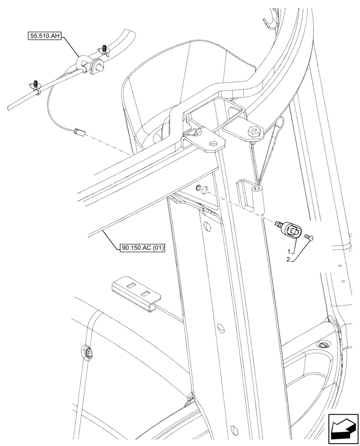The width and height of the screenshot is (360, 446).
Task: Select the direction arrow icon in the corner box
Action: click(343, 429)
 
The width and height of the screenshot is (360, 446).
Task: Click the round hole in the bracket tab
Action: click(213, 144)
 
